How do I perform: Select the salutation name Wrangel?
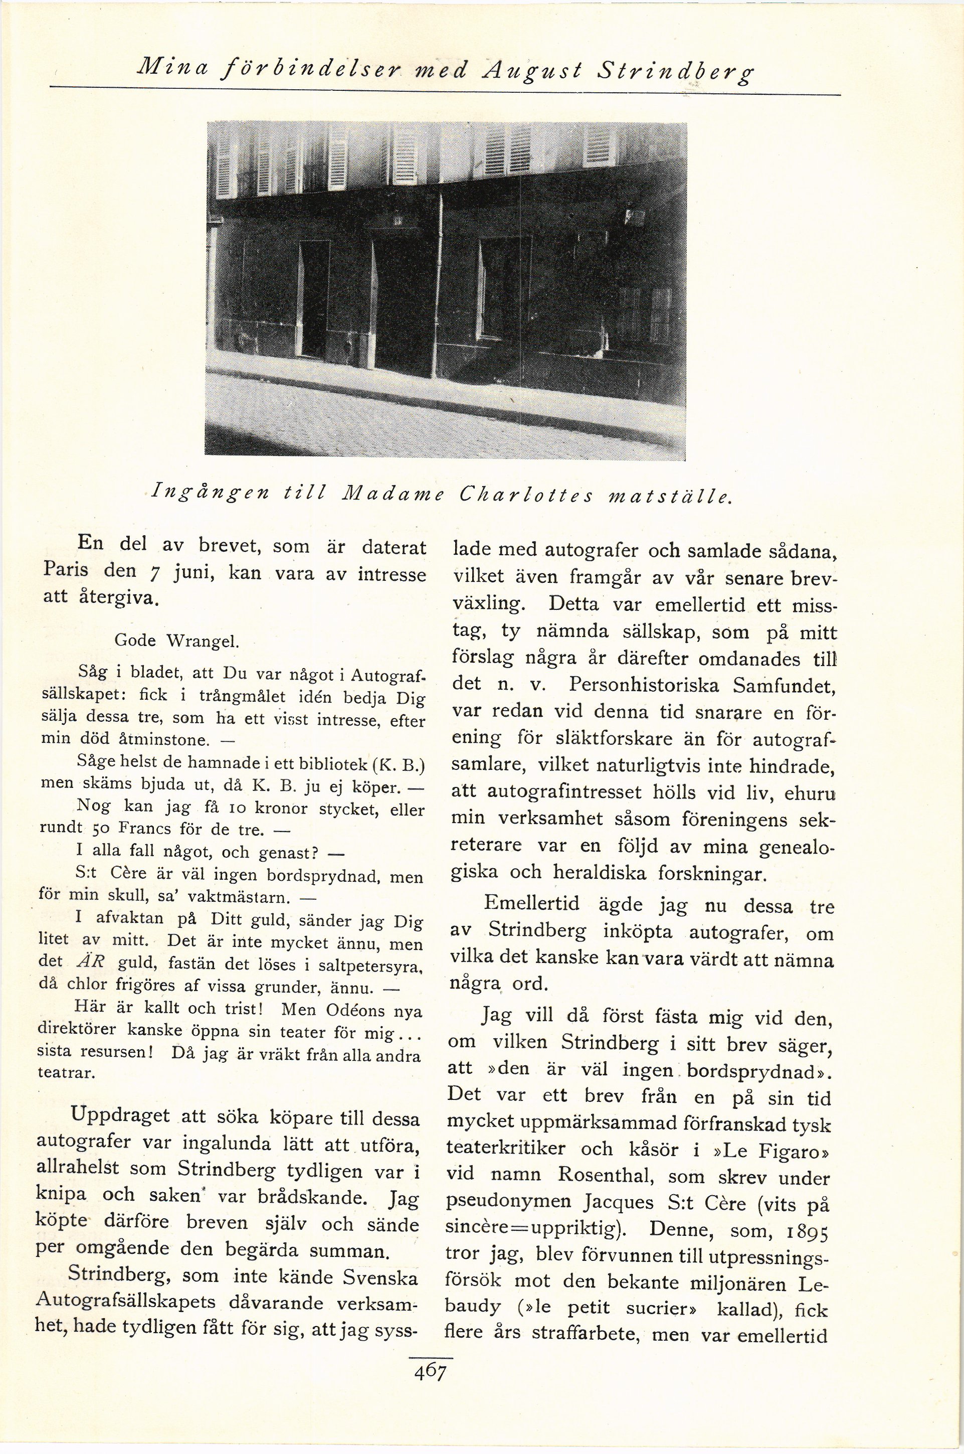click(202, 641)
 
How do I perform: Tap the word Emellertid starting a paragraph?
click(533, 903)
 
